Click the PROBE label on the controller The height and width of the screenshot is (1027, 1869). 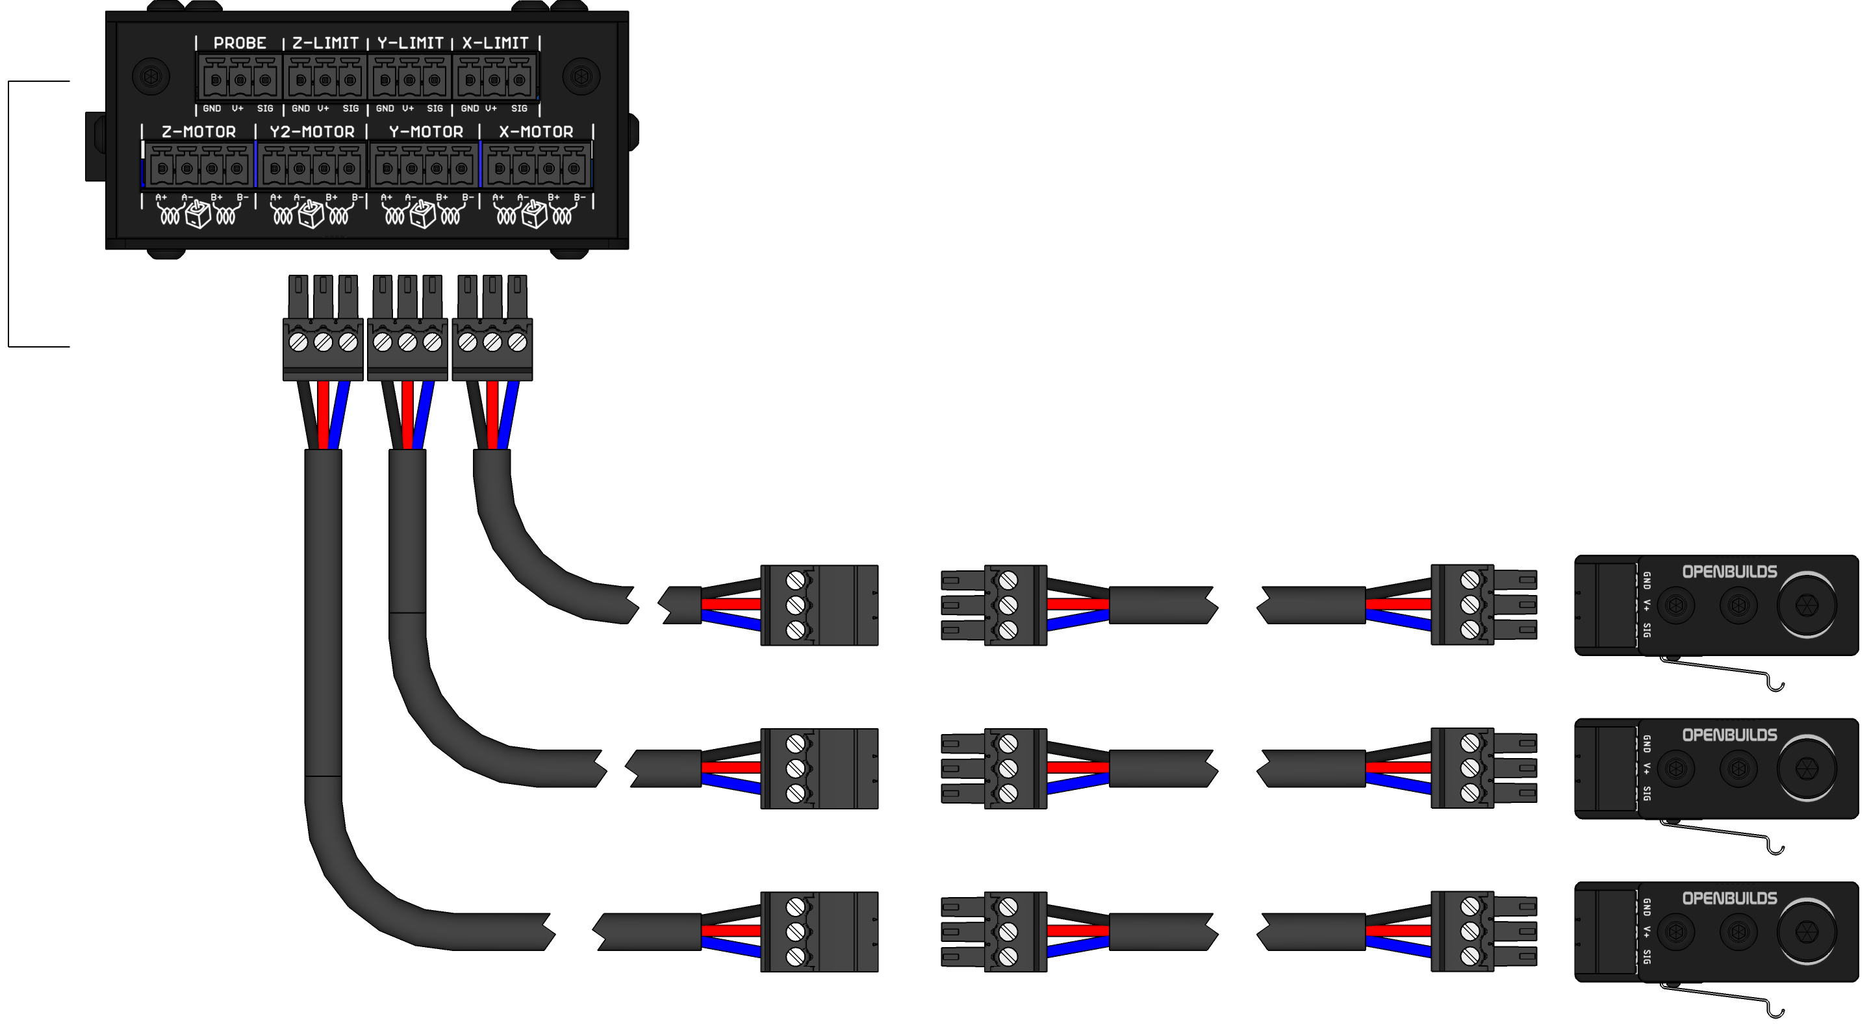pyautogui.click(x=240, y=43)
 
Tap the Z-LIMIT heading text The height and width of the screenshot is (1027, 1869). pyautogui.click(x=325, y=43)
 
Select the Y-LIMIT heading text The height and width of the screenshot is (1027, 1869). pyautogui.click(x=410, y=43)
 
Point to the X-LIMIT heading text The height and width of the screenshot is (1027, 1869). pyautogui.click(x=496, y=43)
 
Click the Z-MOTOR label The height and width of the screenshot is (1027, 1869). pyautogui.click(x=199, y=132)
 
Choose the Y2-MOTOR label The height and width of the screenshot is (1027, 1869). pyautogui.click(x=312, y=132)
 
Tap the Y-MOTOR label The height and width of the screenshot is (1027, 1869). pyautogui.click(x=426, y=132)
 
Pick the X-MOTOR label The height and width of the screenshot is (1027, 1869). pyautogui.click(x=536, y=132)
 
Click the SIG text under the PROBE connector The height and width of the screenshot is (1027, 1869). pyautogui.click(x=265, y=108)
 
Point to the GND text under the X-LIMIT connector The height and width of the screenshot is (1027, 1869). pyautogui.click(x=470, y=108)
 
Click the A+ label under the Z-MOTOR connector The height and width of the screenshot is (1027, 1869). pyautogui.click(x=161, y=197)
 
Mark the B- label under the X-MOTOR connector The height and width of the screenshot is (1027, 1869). pyautogui.click(x=579, y=197)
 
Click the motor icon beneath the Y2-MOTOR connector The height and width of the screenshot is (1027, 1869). pyautogui.click(x=311, y=214)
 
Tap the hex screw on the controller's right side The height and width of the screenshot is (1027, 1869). pyautogui.click(x=581, y=76)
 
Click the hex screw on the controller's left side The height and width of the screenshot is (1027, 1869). pyautogui.click(x=151, y=76)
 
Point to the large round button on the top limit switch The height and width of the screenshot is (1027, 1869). pyautogui.click(x=1806, y=605)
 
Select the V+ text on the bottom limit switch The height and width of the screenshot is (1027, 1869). pyautogui.click(x=1647, y=932)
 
